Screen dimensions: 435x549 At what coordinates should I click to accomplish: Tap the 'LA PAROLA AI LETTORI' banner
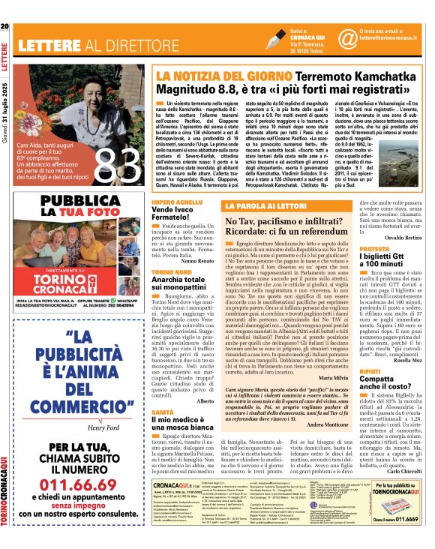pos(241,205)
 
